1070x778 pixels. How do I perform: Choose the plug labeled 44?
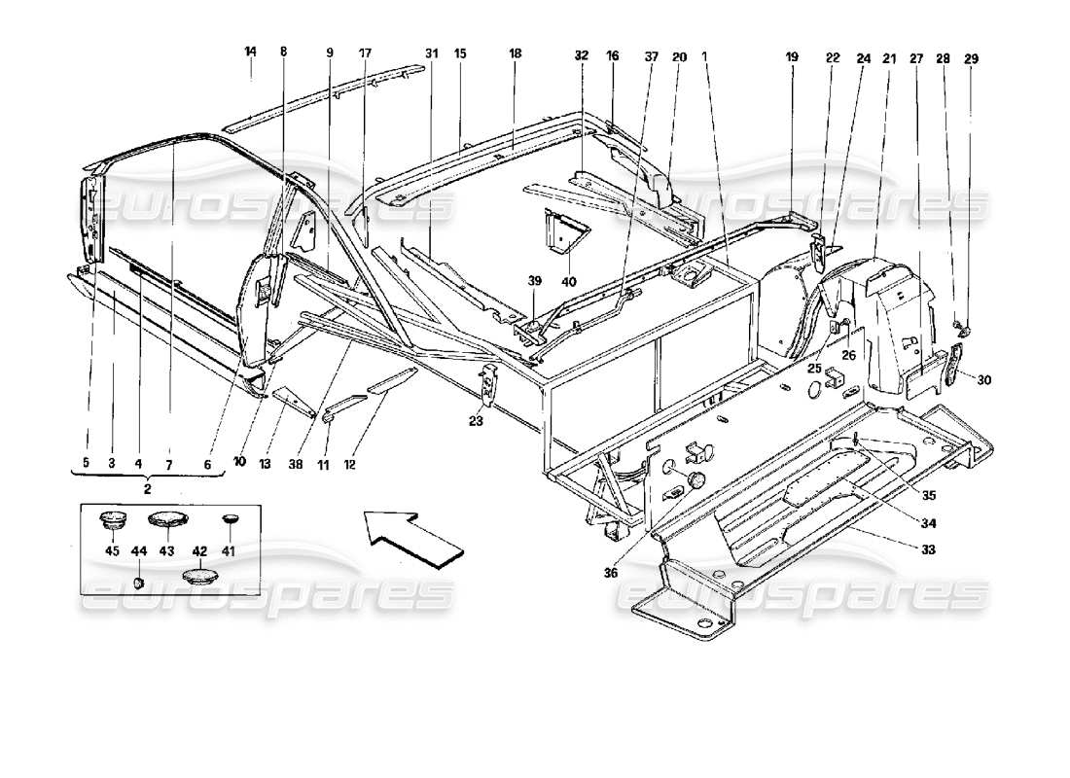[x=139, y=582]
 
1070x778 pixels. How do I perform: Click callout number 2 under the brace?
[x=148, y=489]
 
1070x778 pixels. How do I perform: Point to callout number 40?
[x=568, y=282]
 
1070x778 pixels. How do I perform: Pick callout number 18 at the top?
[x=513, y=57]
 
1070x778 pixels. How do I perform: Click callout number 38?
[x=294, y=466]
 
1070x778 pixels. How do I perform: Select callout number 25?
[x=813, y=369]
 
